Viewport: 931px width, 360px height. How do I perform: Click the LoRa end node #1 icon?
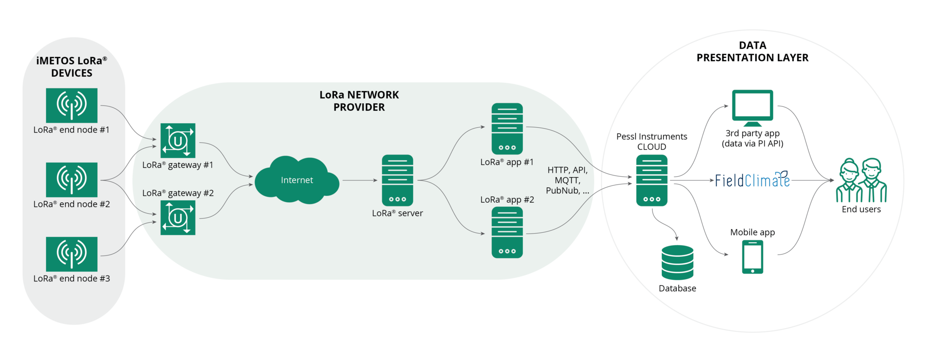[72, 105]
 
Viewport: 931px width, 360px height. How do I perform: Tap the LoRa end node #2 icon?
[72, 180]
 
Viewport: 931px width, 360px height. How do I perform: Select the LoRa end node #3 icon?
[72, 254]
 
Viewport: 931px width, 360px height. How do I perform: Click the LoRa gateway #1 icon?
[178, 140]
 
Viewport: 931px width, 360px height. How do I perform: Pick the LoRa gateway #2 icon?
[178, 218]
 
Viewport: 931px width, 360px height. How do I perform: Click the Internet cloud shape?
[297, 180]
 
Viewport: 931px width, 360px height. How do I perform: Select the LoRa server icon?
[397, 180]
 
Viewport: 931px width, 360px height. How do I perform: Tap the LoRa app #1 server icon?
[507, 129]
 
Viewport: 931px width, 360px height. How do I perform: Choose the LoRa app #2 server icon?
[507, 232]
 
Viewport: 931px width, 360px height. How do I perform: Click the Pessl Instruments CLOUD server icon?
[651, 180]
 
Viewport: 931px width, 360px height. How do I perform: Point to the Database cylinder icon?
[677, 263]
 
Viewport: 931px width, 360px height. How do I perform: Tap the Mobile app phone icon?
[752, 257]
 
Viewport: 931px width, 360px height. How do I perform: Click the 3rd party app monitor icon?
[752, 108]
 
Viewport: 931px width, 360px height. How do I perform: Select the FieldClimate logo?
[752, 180]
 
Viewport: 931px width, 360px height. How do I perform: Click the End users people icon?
[861, 180]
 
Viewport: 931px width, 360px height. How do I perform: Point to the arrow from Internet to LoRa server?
[360, 180]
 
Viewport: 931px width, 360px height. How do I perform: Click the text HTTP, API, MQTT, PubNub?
[567, 180]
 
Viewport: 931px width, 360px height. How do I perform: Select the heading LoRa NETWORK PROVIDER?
[359, 101]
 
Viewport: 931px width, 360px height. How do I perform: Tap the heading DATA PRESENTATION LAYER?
[752, 51]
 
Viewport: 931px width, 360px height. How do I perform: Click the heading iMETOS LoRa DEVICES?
[72, 67]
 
